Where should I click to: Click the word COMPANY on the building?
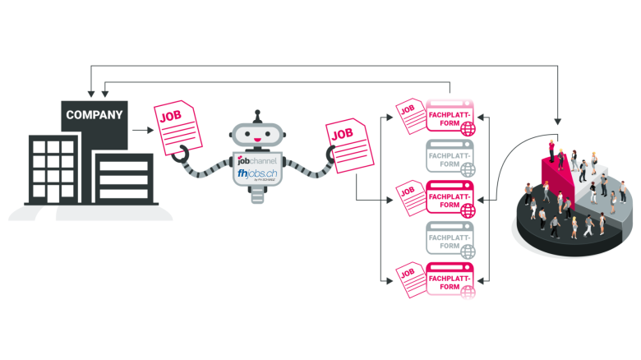(x=94, y=114)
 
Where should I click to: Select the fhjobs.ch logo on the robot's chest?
(x=256, y=175)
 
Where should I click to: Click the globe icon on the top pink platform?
(x=468, y=128)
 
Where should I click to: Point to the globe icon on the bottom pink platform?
(x=468, y=289)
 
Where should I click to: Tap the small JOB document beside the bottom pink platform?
(x=408, y=278)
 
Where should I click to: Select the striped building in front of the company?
(x=123, y=178)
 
